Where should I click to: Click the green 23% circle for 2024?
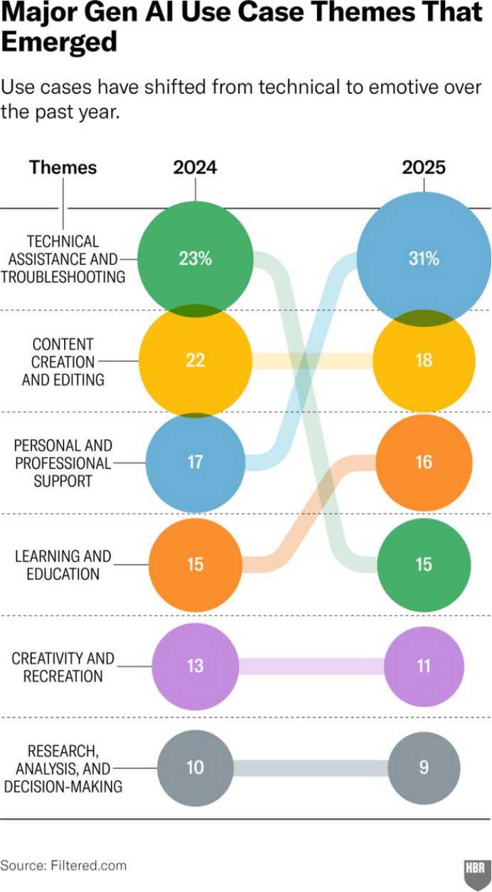(196, 258)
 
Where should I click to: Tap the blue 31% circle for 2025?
(424, 258)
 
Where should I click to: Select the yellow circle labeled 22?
(196, 360)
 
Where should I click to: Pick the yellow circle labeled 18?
(424, 360)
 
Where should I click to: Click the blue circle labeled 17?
(196, 462)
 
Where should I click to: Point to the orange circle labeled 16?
(424, 462)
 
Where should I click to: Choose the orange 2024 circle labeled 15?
(196, 565)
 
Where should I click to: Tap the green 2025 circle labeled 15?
(424, 565)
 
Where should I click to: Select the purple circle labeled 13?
(196, 666)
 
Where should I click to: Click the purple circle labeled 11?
(424, 666)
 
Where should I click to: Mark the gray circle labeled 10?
(196, 768)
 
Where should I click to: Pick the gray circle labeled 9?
(424, 768)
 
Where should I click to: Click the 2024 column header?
(195, 167)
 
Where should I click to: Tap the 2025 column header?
(424, 167)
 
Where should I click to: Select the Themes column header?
(63, 167)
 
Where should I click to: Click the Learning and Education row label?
(63, 565)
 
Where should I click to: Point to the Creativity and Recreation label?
(63, 666)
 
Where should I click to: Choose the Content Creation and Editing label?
(63, 362)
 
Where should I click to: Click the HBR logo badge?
(475, 869)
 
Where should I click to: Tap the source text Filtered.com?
(88, 866)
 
